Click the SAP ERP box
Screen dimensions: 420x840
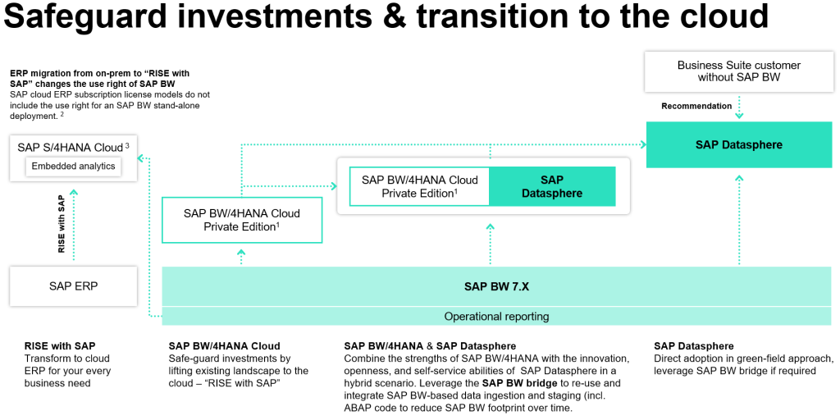74,286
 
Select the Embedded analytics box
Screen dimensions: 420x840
75,167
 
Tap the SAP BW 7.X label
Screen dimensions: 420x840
496,286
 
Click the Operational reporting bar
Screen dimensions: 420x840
496,316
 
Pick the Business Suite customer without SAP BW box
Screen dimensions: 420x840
738,71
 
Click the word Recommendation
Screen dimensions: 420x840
696,106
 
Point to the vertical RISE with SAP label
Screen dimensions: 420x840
62,224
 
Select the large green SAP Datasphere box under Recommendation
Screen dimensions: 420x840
738,144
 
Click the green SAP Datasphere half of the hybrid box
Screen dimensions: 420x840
551,187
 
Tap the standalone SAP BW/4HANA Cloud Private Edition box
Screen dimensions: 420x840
241,220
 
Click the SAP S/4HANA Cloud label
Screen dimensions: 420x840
70,148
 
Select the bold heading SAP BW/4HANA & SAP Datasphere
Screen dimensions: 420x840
430,346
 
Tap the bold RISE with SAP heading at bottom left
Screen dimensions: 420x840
60,346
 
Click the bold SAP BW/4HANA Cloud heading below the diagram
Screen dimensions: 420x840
224,346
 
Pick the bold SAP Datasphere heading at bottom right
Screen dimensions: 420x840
694,346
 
